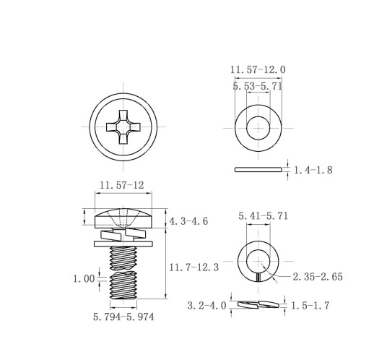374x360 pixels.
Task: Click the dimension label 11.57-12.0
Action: click(258, 70)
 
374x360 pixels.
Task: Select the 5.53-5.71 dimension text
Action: click(258, 86)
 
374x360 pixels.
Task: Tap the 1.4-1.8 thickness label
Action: click(313, 170)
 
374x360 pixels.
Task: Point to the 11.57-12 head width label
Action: click(122, 185)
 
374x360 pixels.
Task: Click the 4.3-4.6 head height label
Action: click(188, 221)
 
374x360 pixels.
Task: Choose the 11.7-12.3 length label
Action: click(194, 267)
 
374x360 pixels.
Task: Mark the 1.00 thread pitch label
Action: click(84, 279)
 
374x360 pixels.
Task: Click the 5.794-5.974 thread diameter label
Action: click(123, 317)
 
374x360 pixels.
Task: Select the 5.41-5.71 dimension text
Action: click(264, 216)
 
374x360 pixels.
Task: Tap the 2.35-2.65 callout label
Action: click(318, 277)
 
